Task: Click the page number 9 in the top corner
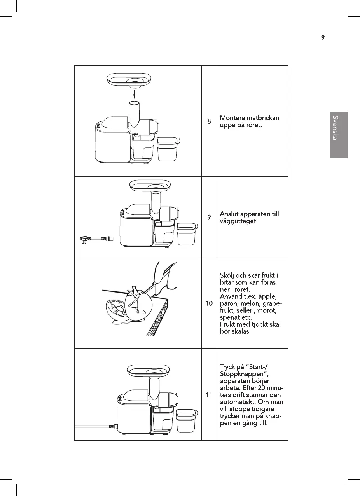click(323, 38)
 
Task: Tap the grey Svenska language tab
click(338, 135)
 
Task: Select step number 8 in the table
click(209, 121)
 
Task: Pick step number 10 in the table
click(209, 303)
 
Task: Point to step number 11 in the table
click(209, 394)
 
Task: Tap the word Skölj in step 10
click(228, 276)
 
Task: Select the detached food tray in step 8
click(133, 80)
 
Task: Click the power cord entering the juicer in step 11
click(95, 427)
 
